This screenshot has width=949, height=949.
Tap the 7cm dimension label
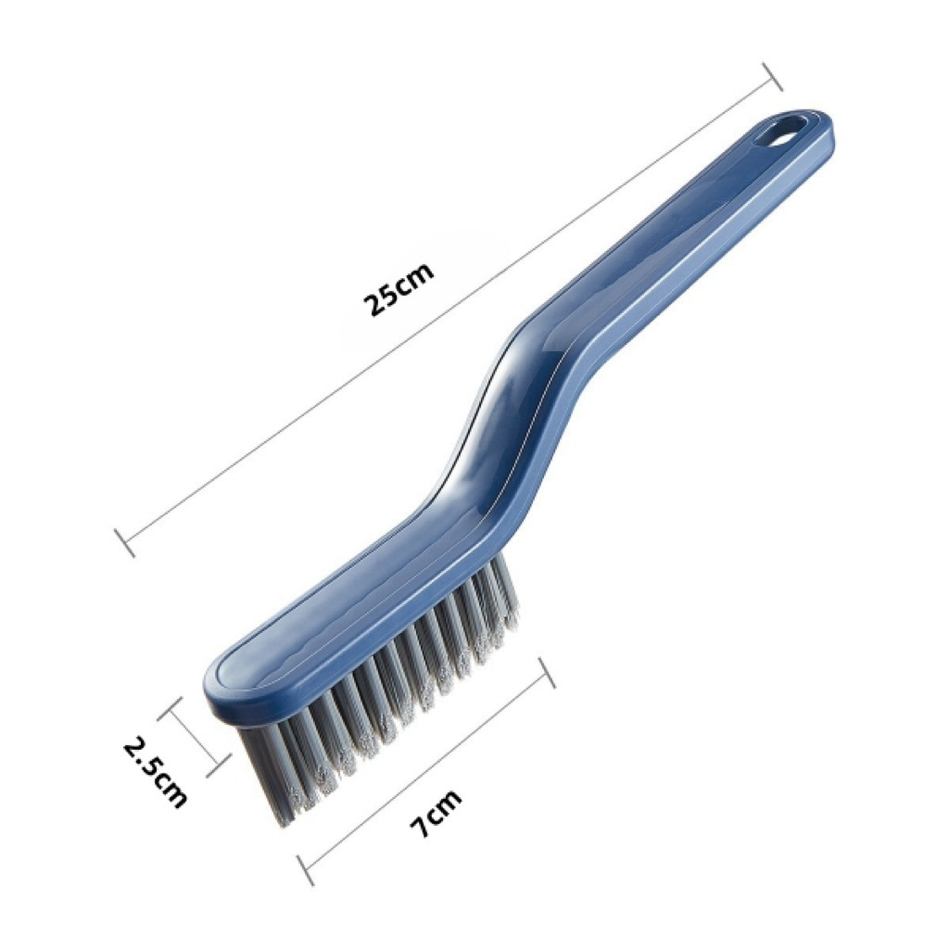(x=435, y=812)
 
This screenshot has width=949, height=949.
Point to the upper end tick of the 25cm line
(x=771, y=77)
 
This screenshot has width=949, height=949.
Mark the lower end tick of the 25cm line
(x=125, y=543)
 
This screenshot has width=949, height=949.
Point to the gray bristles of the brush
(x=389, y=704)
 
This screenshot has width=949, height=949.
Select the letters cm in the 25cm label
(x=413, y=278)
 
